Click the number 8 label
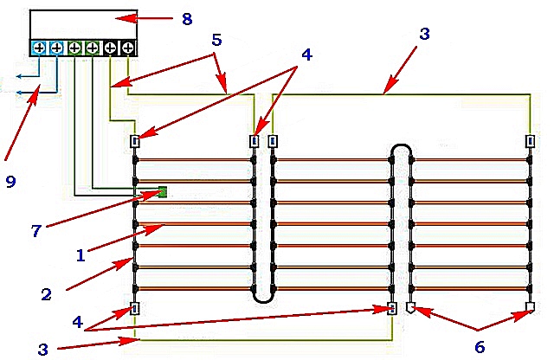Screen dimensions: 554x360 pos(187,18)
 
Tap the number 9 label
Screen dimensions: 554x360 pos(10,182)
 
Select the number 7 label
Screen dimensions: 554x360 pos(36,231)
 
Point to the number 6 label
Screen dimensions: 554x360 pos(480,347)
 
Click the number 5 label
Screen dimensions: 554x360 pos(216,40)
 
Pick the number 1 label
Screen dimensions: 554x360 pos(81,255)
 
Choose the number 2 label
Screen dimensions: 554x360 pos(46,294)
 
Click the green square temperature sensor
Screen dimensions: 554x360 pos(162,192)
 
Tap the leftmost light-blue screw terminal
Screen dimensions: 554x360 pos(39,48)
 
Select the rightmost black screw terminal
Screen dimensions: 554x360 pos(128,48)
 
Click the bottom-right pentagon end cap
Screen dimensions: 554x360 pos(530,306)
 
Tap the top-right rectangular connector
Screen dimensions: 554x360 pos(530,141)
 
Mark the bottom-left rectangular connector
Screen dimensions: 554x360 pos(135,309)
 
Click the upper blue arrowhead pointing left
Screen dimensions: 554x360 pos(19,76)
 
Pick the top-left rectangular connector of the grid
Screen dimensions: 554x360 pos(135,141)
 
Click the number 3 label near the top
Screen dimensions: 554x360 pos(424,34)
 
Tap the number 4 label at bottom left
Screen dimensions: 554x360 pos(77,322)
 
